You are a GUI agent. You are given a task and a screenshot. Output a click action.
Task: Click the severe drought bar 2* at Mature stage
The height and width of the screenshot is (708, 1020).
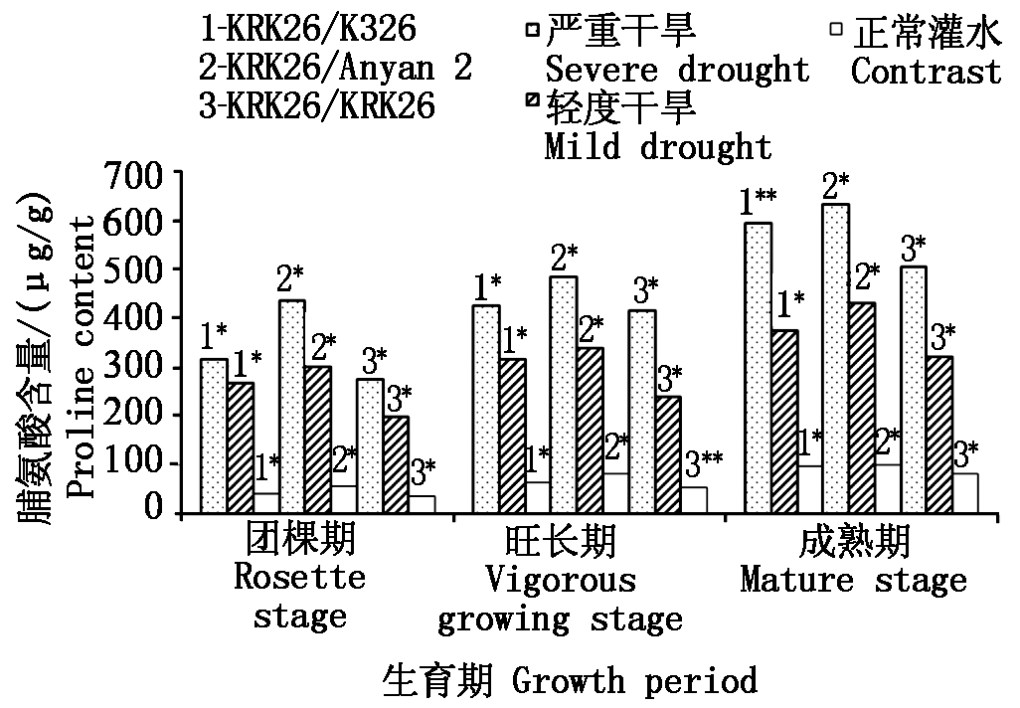coord(835,358)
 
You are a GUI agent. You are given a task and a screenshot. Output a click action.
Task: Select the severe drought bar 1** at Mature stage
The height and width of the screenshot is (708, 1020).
coord(759,368)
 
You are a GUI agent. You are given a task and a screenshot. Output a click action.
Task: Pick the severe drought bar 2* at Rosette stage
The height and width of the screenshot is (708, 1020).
coord(292,406)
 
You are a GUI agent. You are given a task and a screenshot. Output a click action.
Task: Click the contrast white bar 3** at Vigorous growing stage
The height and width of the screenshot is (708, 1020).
coord(694,500)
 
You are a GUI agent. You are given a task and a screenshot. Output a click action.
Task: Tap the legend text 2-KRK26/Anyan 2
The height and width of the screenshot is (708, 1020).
coord(335,67)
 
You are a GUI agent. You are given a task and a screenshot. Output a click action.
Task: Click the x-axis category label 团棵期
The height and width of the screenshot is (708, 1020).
coord(299,543)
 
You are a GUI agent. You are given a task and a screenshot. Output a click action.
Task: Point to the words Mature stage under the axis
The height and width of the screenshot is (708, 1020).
coord(853,580)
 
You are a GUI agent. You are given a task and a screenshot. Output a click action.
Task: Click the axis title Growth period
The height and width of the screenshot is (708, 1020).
coord(634,682)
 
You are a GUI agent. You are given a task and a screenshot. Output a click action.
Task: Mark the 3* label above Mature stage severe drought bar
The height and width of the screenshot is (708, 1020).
coord(912,247)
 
